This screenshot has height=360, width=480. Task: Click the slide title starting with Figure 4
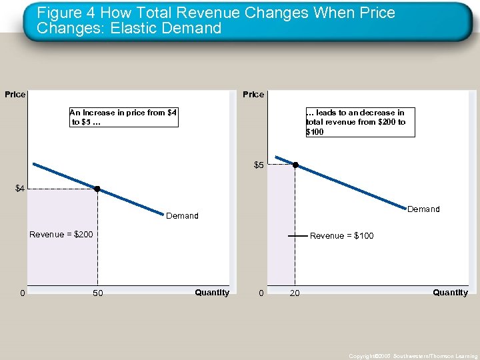tap(216, 21)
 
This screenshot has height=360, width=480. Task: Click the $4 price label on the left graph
tap(20, 189)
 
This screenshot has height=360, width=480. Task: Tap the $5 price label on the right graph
tap(259, 165)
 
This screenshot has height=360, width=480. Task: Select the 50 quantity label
tap(98, 294)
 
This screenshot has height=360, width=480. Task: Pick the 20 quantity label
tap(294, 294)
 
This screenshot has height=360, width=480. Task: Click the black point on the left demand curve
tap(97, 189)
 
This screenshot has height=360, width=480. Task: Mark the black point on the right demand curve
tap(295, 165)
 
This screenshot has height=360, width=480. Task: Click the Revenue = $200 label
tap(61, 235)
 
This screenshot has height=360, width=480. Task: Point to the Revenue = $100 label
tap(342, 236)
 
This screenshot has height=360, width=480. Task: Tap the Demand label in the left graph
tap(182, 216)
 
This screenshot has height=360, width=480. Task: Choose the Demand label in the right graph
tap(423, 209)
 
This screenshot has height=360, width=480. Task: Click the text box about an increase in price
tap(123, 117)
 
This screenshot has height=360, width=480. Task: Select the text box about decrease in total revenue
tap(359, 122)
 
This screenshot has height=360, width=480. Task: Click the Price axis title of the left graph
tap(15, 95)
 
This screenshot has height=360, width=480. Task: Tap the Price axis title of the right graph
tap(253, 95)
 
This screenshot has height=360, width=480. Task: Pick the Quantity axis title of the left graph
tap(212, 293)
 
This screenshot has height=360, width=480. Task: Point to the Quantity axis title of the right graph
tap(450, 293)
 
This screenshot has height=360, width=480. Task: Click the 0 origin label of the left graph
tap(23, 294)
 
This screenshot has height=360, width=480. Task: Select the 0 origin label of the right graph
tap(261, 294)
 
